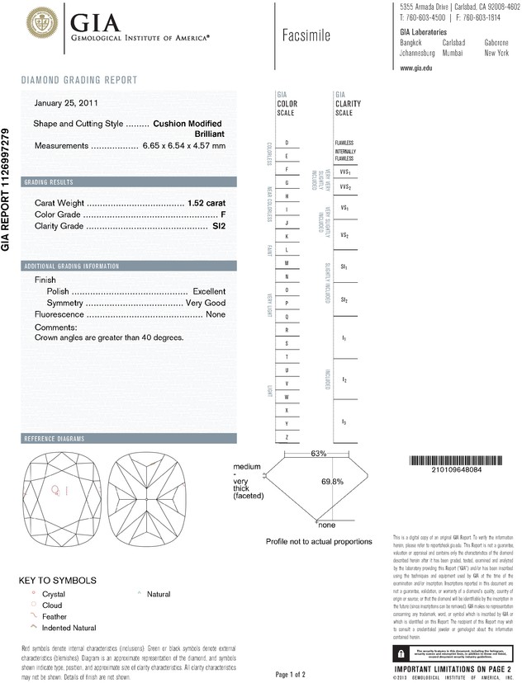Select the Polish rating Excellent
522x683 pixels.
coord(209,291)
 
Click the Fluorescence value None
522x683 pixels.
coord(216,314)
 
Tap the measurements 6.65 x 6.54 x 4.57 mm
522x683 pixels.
coord(183,145)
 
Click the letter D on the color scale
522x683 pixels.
coord(286,143)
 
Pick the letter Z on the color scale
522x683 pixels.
coord(286,436)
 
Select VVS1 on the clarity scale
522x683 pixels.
coord(344,172)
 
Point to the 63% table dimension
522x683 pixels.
coord(320,454)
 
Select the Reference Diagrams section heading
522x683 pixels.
coord(55,438)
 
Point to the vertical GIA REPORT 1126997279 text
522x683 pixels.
coord(7,190)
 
